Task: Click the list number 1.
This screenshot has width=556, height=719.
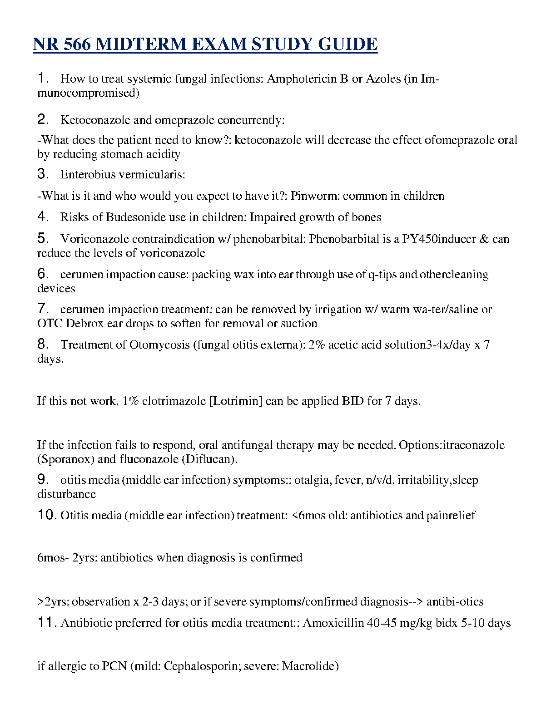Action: click(x=42, y=78)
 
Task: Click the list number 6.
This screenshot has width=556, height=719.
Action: click(x=42, y=274)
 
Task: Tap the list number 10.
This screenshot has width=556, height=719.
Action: click(x=47, y=515)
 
